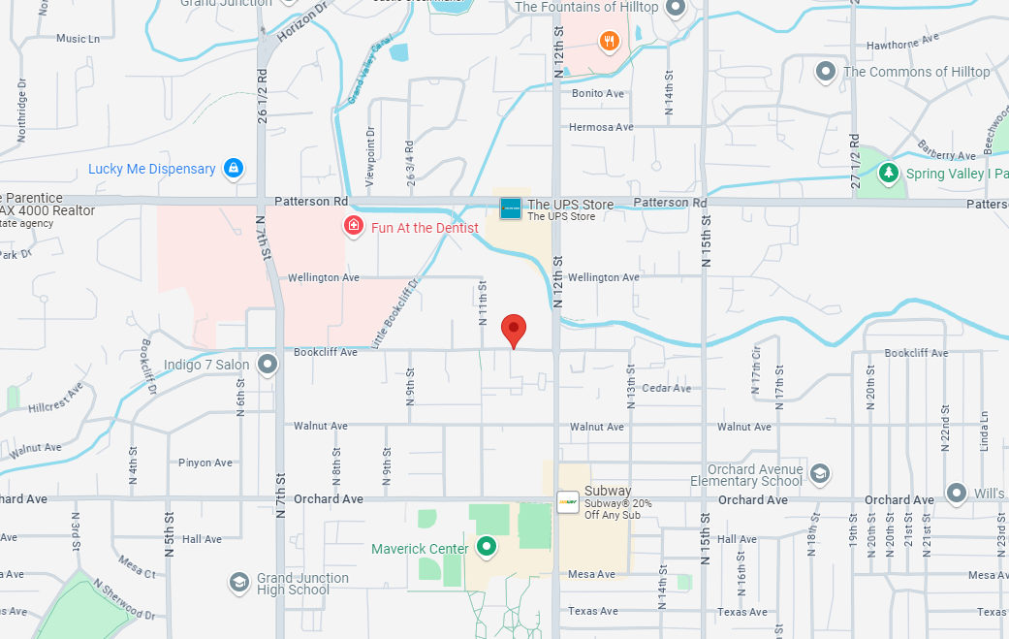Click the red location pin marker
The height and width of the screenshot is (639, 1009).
514,330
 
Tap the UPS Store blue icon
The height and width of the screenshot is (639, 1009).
511,208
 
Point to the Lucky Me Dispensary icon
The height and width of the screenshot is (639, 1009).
233,169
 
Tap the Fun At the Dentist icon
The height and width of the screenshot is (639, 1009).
355,227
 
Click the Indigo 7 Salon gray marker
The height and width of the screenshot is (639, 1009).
268,365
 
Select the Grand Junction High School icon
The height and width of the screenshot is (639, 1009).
238,582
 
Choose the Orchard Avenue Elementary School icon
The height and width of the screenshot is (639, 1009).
819,473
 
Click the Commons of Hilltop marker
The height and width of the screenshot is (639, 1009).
826,71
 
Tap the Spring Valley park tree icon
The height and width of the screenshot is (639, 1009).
888,173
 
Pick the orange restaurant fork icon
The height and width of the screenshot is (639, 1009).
609,41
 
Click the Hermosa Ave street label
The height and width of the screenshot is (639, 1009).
601,127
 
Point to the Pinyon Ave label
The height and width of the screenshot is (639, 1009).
205,463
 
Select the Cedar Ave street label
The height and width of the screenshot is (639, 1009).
667,388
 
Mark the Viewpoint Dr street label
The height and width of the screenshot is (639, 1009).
370,156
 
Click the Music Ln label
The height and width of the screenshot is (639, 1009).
79,39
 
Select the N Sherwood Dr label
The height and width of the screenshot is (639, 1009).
123,601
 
